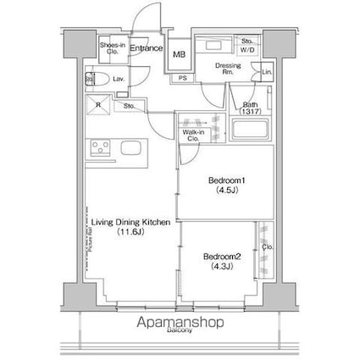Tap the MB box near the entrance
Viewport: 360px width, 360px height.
(x=179, y=55)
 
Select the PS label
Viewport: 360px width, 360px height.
(x=182, y=78)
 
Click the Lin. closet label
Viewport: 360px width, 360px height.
(x=266, y=73)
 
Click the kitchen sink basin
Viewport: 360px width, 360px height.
(x=133, y=148)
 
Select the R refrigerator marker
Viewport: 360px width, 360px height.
(x=99, y=107)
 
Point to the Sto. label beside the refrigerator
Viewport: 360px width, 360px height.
(x=130, y=107)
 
